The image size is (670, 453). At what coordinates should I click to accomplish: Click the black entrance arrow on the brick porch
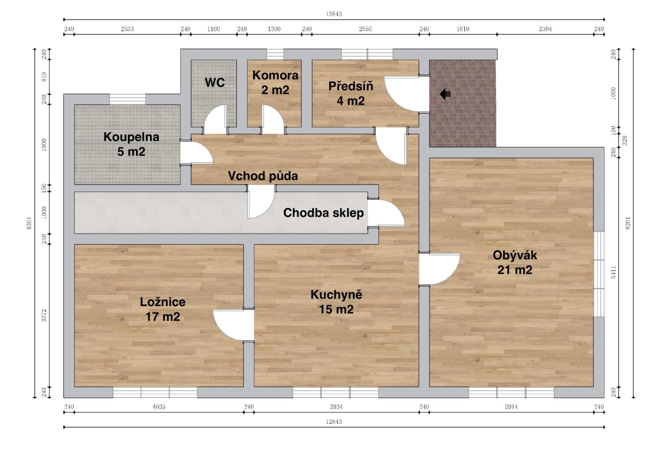click(445, 94)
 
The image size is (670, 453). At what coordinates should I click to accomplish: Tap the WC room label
click(215, 83)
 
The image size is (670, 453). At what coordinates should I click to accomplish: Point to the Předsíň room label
click(351, 94)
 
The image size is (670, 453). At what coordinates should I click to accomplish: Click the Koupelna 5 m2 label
click(131, 144)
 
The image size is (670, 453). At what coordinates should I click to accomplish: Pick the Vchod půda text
click(263, 176)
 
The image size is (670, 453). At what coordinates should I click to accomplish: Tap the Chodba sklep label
click(323, 213)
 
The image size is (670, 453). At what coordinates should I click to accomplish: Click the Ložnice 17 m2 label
click(163, 310)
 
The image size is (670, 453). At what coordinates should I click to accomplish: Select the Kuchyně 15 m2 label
click(336, 302)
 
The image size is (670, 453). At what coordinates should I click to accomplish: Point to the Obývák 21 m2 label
click(515, 263)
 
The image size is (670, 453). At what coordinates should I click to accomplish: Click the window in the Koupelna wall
click(127, 99)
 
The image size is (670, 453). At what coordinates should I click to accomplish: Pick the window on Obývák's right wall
click(599, 274)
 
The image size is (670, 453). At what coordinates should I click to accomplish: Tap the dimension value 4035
click(159, 407)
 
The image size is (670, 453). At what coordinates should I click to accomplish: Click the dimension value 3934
click(336, 407)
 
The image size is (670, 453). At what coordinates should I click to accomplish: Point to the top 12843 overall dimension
click(334, 14)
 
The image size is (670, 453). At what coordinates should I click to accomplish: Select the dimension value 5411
click(613, 272)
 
